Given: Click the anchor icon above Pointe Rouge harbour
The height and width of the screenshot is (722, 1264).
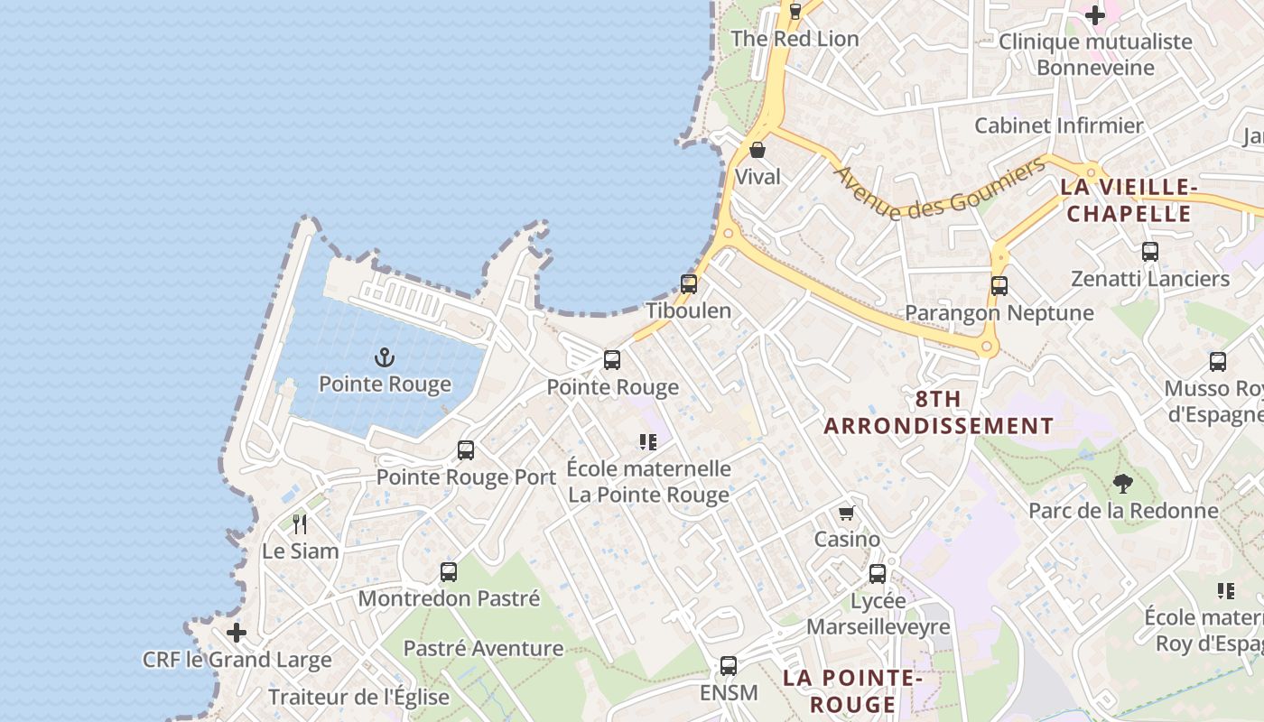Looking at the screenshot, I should (385, 358).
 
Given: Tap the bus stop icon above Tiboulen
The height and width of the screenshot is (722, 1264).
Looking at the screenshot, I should (689, 284).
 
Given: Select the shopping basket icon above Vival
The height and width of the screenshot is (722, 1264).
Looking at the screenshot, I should (757, 150).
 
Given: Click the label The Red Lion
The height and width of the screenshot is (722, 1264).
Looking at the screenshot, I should (795, 39).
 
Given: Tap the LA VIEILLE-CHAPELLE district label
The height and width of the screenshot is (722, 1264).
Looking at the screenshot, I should (1127, 200).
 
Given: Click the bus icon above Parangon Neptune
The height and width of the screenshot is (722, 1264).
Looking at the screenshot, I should (999, 286).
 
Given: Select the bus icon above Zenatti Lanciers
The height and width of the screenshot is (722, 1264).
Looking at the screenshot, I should (1150, 252).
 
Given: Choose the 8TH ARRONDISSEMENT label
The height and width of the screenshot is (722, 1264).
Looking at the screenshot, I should (938, 412).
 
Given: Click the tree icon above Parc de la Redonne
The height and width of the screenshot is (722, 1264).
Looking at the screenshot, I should (1122, 484).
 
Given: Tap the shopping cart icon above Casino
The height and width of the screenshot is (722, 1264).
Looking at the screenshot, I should (846, 514).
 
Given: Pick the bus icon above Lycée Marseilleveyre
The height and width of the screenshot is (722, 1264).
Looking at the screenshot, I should (877, 574).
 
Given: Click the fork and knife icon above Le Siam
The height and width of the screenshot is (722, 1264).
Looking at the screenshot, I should (300, 523).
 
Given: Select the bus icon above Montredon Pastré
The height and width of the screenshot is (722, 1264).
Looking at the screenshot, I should (448, 571).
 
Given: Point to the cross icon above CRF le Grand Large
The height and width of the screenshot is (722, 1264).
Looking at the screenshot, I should (237, 633).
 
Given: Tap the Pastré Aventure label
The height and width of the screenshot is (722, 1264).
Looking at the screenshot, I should (483, 648).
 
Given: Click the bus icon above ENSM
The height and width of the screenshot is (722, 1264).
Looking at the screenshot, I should (728, 666).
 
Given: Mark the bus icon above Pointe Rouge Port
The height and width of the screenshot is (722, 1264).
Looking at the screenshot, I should (466, 450).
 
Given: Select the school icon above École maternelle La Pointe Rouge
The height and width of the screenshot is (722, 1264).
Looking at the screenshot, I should (647, 442).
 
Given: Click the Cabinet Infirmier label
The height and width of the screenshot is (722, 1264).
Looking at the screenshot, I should (1058, 125).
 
